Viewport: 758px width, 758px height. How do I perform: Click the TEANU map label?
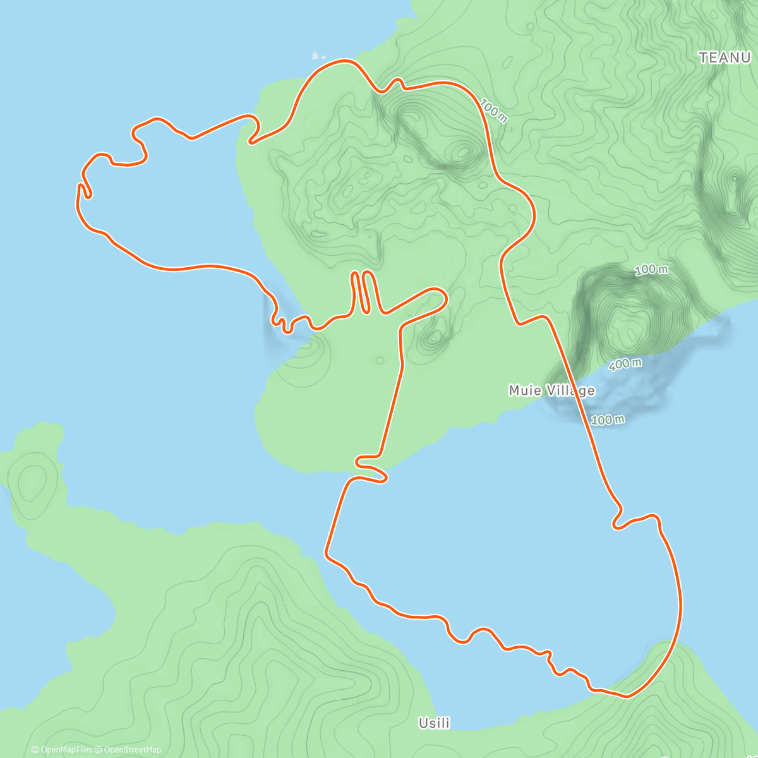[724, 57]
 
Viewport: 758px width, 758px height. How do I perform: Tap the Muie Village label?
[551, 390]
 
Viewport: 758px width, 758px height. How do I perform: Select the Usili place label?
[434, 723]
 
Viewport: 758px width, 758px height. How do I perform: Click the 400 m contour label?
[626, 364]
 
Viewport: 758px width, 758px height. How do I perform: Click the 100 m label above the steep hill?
[651, 270]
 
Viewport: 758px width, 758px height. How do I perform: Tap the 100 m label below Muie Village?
[608, 419]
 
